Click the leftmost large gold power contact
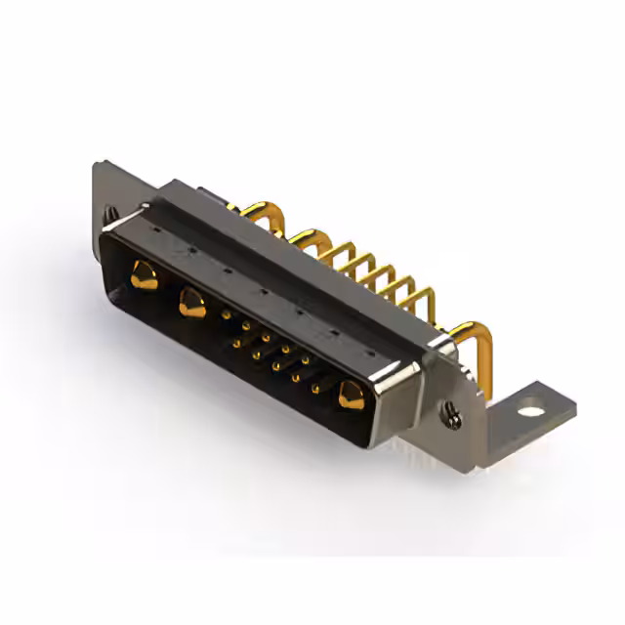click(x=143, y=274)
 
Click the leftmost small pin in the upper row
click(x=227, y=315)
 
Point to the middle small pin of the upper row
click(x=266, y=337)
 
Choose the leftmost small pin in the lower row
click(x=237, y=343)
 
